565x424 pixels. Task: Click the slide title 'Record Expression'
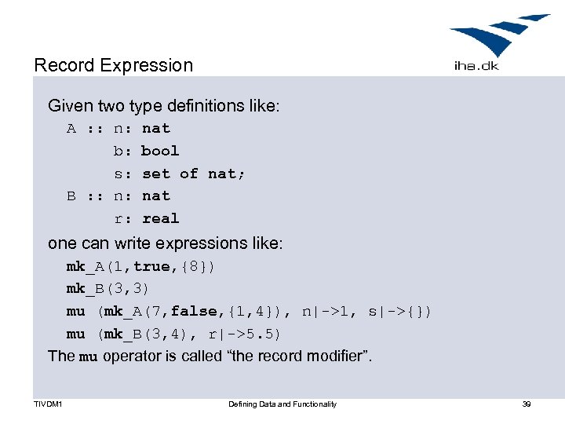point(113,65)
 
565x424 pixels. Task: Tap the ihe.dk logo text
point(476,66)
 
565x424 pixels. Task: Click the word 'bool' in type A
point(160,151)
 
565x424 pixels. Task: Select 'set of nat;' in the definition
point(193,174)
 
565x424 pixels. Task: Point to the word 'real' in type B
point(160,219)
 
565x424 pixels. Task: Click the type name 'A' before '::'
point(71,129)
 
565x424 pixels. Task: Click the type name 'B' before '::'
point(71,196)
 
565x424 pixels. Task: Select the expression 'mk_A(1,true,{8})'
point(140,267)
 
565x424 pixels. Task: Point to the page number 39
point(527,404)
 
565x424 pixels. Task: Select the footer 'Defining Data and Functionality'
point(282,404)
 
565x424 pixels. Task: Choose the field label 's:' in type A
point(122,174)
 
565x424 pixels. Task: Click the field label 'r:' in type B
point(122,219)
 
